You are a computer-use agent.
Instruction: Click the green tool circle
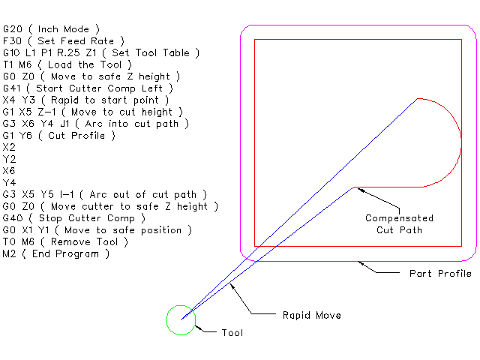[x=181, y=319]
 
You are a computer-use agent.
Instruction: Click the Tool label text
[x=232, y=332]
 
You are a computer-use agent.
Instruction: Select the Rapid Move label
[x=311, y=315]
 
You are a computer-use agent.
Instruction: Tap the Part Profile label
[x=440, y=273]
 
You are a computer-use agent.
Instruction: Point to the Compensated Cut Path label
[x=399, y=223]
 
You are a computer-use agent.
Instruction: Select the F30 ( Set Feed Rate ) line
[x=64, y=40]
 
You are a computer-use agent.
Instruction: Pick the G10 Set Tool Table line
[x=101, y=52]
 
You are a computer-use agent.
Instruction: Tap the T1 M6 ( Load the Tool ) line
[x=67, y=64]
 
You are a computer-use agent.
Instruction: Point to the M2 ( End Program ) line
[x=56, y=253]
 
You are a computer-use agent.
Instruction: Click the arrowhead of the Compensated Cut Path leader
[x=359, y=189]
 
